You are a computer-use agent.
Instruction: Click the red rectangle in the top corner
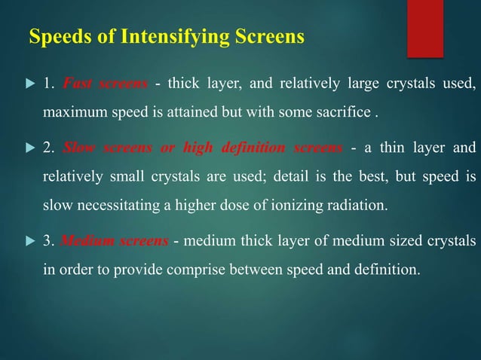[x=425, y=27]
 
